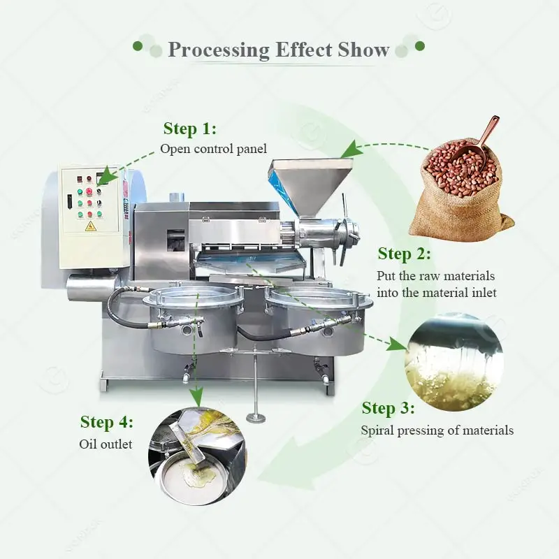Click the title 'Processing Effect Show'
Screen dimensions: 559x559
(279, 50)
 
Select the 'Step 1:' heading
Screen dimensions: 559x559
(189, 129)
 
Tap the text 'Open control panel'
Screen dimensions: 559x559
(213, 148)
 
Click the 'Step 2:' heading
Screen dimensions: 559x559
(404, 254)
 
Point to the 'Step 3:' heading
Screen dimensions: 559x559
(388, 408)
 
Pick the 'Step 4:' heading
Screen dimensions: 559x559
(106, 421)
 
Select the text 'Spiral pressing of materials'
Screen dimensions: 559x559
(437, 430)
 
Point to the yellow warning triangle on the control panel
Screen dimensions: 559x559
(90, 226)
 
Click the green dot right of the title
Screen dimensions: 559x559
(419, 46)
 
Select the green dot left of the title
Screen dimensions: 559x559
(138, 46)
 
